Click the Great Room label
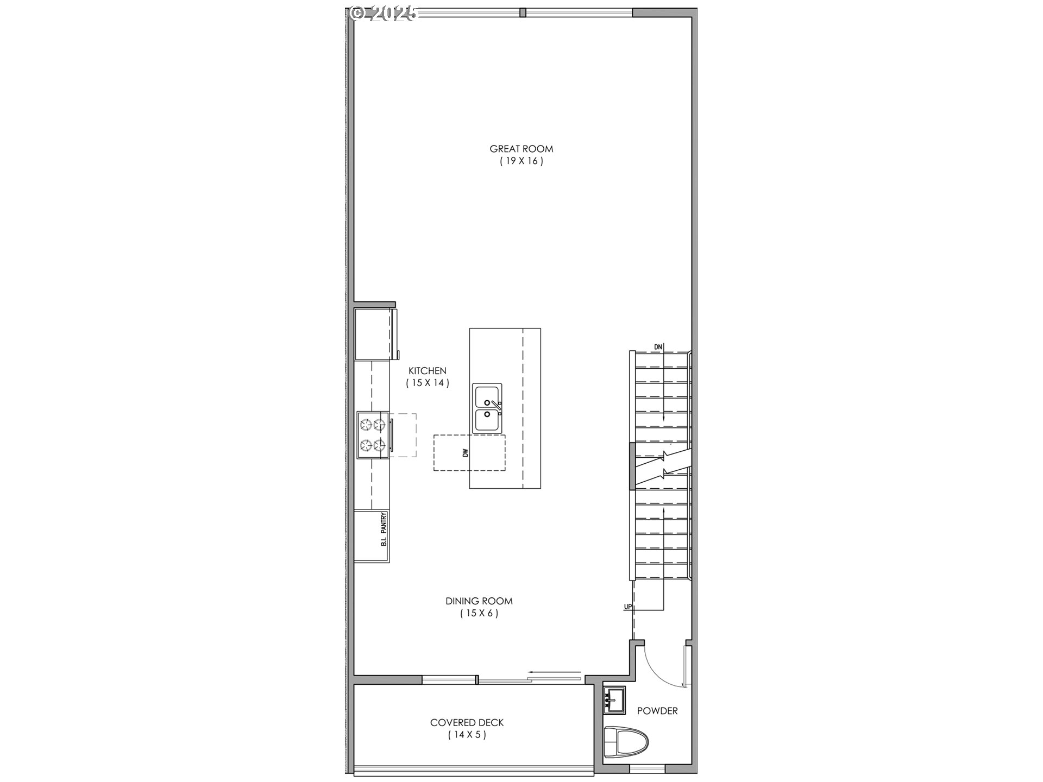coord(521,149)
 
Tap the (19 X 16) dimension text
coord(521,161)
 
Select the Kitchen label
coord(428,371)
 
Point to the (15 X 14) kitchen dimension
coord(428,383)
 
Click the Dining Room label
coord(479,601)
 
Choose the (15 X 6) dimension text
coord(479,614)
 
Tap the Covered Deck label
coord(467,723)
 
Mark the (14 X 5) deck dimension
coord(467,735)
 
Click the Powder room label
coord(657,711)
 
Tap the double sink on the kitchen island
coord(487,408)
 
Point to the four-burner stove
coord(373,435)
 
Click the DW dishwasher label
coord(466,452)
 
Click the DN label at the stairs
coord(658,347)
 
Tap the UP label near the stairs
coord(628,607)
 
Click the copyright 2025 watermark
coord(384,13)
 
